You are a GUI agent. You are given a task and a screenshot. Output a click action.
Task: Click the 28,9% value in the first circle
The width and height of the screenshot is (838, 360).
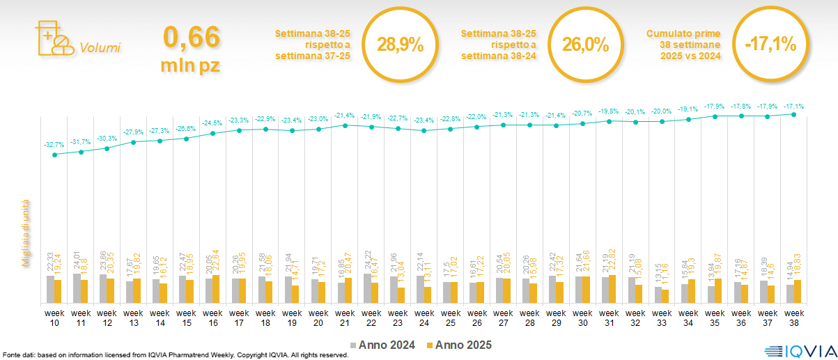[x=401, y=45]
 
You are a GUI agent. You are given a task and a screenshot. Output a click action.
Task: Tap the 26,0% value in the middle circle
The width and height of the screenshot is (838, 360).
[x=586, y=45]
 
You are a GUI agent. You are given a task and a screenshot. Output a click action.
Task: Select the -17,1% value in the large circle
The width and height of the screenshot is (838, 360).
[x=770, y=45]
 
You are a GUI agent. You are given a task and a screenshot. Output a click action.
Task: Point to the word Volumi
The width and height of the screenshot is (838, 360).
[x=100, y=48]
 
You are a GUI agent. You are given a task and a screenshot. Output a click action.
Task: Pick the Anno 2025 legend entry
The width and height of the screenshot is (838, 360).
[x=459, y=345]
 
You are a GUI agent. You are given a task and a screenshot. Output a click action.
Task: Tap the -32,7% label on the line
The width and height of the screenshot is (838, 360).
[x=54, y=145]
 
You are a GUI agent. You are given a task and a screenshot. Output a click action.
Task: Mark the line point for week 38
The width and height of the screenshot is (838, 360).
[x=794, y=114]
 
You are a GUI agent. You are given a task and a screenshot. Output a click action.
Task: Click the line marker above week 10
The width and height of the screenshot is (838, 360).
[x=54, y=155]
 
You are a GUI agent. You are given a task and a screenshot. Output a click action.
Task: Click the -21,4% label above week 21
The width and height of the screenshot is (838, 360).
[x=346, y=116]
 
